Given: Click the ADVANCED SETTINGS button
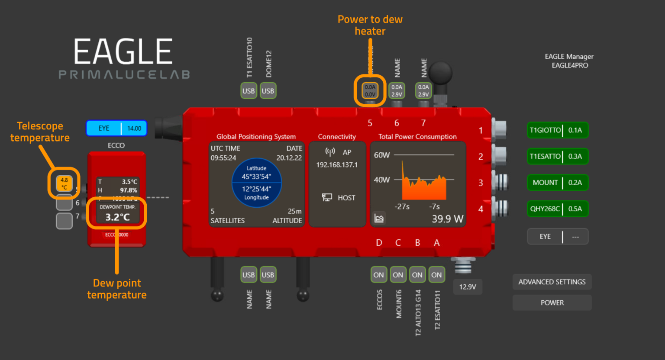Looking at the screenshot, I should tap(552, 282).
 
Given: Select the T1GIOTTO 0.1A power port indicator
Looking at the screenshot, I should tap(558, 130).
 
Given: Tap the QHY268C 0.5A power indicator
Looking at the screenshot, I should tap(558, 209).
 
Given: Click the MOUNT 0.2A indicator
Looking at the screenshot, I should tap(558, 183).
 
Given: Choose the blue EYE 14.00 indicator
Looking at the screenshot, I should tap(116, 129).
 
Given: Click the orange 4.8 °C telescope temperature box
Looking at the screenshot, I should tap(64, 183).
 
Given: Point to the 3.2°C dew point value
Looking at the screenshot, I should tap(117, 217).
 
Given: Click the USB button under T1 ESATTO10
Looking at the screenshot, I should tap(249, 91).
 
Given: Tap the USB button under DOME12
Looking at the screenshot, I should tap(268, 91).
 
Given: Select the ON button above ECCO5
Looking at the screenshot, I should tap(378, 275).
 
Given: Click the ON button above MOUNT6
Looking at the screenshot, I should tap(398, 275).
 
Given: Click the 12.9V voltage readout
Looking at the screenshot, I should tap(468, 287).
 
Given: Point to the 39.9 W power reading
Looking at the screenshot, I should tap(447, 219).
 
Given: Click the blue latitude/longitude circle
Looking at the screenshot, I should tap(257, 183).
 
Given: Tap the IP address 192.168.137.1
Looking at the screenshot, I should tap(337, 165).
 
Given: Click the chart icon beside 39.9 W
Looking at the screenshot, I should tap(379, 219).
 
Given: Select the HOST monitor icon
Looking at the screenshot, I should tap(327, 198).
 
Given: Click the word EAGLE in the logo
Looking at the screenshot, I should tap(123, 51).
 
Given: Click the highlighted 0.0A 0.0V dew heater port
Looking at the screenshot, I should tap(370, 91).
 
